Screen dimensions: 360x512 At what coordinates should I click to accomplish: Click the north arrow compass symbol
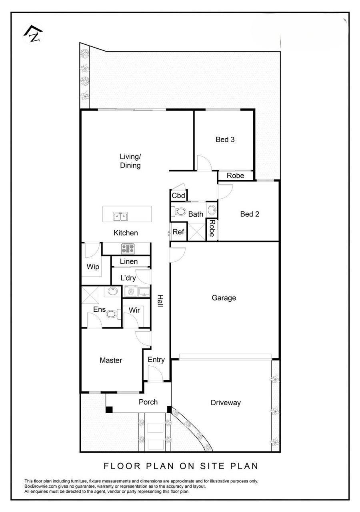(34, 34)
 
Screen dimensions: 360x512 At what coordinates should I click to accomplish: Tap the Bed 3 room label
(225, 139)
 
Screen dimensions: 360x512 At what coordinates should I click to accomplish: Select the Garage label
(224, 298)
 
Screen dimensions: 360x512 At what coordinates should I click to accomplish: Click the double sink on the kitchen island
(120, 216)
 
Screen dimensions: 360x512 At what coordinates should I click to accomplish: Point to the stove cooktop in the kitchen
(128, 249)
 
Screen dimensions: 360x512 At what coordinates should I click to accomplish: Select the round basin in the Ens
(112, 291)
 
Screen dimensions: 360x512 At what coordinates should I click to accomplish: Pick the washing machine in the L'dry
(130, 292)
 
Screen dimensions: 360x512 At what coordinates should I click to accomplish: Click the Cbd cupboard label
(178, 195)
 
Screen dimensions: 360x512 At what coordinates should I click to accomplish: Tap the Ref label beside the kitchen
(178, 232)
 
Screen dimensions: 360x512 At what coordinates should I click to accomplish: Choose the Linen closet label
(129, 261)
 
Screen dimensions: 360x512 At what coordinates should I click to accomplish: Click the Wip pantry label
(93, 267)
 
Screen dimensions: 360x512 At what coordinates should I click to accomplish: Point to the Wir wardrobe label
(134, 310)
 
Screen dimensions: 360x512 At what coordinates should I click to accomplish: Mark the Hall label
(160, 301)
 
